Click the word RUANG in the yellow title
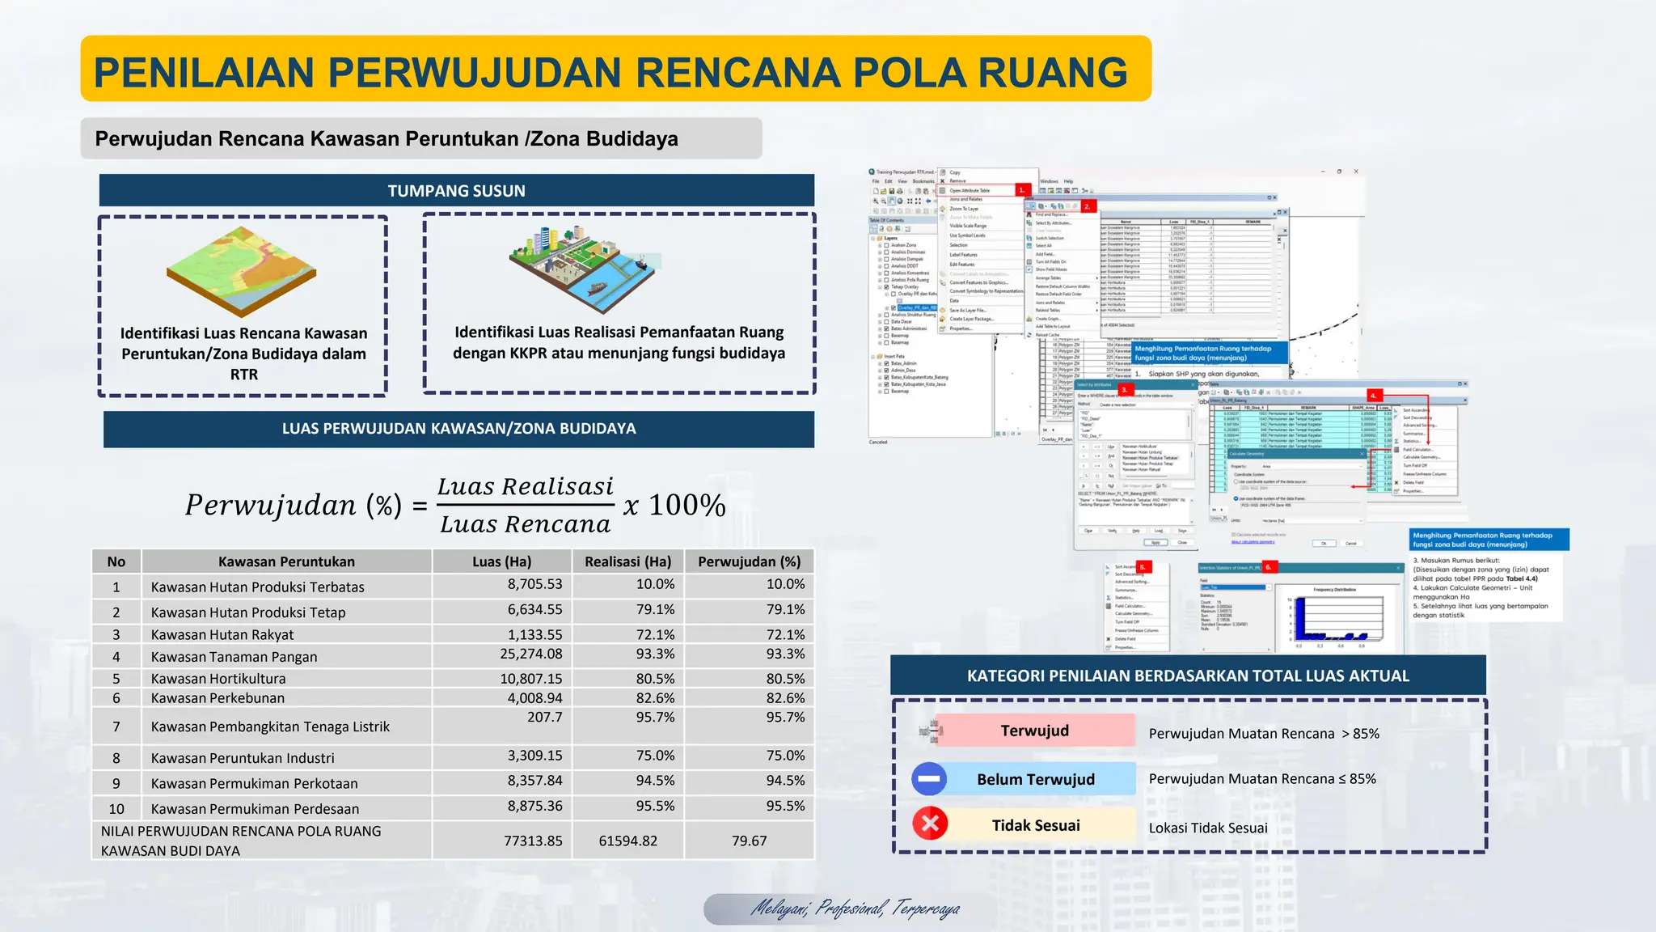1053,72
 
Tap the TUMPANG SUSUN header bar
456,191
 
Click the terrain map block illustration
241,270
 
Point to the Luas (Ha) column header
501,561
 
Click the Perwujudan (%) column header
749,561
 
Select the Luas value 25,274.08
530,654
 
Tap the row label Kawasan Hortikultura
218,679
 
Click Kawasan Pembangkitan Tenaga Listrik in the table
270,727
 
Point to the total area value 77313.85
533,841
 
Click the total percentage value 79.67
749,841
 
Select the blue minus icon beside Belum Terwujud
929,779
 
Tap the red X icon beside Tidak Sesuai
930,824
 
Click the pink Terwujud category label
1034,731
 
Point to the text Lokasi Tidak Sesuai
1208,828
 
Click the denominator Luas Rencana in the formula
526,524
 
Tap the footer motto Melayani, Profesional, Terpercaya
855,909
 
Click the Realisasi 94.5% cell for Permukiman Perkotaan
655,781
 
